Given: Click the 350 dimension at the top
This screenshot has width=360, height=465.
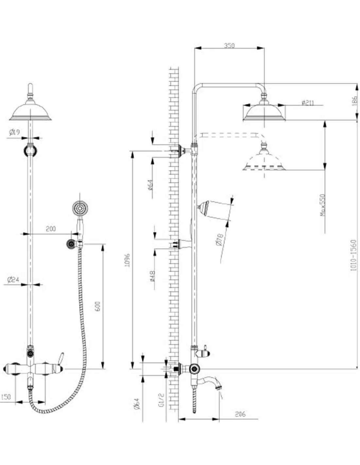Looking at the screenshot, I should click(x=229, y=46).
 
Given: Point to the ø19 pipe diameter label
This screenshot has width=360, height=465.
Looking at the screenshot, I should click(x=15, y=132).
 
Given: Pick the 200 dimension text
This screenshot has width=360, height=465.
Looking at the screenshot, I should click(x=50, y=229).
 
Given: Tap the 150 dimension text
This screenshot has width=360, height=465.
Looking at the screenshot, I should click(x=6, y=397).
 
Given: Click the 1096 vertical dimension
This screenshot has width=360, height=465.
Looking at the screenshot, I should click(x=128, y=260).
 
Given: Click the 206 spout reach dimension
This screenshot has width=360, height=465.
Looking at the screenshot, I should click(x=240, y=414).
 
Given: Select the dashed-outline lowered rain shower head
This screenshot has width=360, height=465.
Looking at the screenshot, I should click(x=264, y=162).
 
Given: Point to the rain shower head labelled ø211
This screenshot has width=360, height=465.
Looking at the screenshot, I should click(x=264, y=111).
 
